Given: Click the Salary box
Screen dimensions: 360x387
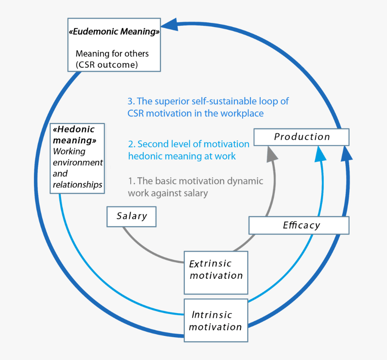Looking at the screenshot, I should (x=131, y=217).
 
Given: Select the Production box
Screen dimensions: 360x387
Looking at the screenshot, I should (x=301, y=137).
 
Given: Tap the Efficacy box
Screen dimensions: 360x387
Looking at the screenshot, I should (x=299, y=225).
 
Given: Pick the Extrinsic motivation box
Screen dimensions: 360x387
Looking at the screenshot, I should (x=216, y=270).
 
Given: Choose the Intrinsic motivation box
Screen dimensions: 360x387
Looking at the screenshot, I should (x=216, y=320).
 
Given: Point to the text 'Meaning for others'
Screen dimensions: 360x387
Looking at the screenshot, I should (x=112, y=54).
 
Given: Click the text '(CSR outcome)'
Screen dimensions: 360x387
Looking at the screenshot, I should (x=106, y=65).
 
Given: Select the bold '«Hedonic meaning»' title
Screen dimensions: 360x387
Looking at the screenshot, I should (x=74, y=135).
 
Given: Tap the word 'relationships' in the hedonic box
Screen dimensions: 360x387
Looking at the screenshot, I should (x=77, y=185).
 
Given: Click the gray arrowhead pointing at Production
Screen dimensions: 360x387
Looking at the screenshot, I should (x=270, y=153).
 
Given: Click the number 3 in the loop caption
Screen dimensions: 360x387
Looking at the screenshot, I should (x=130, y=102).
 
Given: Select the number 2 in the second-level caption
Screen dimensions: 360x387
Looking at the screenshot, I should (x=131, y=144).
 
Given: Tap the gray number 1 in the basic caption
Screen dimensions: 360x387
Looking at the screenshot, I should (x=130, y=181).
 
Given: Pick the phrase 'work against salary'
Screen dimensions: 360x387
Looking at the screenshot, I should (x=168, y=193).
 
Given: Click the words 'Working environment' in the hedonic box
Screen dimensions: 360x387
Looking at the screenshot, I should (x=77, y=157).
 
